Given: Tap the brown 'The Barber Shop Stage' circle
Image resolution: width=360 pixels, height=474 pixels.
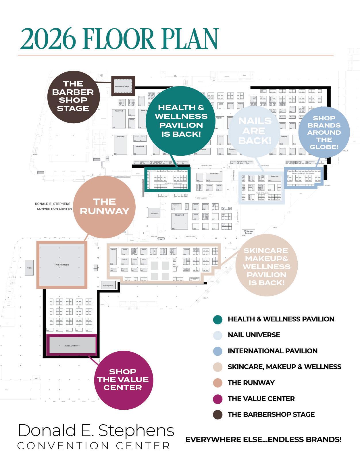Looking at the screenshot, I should [73, 96].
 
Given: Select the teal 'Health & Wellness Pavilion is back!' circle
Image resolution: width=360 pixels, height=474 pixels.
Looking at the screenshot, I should [181, 121].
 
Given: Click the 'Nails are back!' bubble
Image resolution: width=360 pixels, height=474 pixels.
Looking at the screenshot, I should [255, 131].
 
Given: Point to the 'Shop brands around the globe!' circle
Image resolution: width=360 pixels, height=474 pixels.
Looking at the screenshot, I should [324, 132].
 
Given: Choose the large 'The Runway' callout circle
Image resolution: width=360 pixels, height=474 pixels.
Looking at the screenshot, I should [105, 207].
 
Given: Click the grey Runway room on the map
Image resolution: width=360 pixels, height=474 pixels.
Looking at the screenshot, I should [62, 265].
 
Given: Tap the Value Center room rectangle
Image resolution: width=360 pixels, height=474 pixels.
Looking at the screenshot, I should [72, 345].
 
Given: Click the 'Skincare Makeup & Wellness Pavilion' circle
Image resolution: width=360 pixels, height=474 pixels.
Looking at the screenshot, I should [266, 266].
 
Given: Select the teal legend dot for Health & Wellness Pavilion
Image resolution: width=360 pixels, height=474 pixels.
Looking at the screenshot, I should [218, 319].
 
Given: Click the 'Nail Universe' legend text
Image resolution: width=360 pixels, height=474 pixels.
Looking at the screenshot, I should [254, 335].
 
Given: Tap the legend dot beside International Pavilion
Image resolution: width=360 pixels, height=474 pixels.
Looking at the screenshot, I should [218, 351].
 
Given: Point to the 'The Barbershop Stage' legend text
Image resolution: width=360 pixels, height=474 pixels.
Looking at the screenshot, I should [271, 415].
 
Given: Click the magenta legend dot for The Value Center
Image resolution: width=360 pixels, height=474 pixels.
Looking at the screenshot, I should [218, 399].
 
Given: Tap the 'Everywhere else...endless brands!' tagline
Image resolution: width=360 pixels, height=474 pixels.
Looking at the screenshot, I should [263, 440].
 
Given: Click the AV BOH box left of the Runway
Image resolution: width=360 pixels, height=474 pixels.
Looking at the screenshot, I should [29, 267].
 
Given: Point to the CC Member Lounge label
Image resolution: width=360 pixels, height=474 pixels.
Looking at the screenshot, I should [249, 232].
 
